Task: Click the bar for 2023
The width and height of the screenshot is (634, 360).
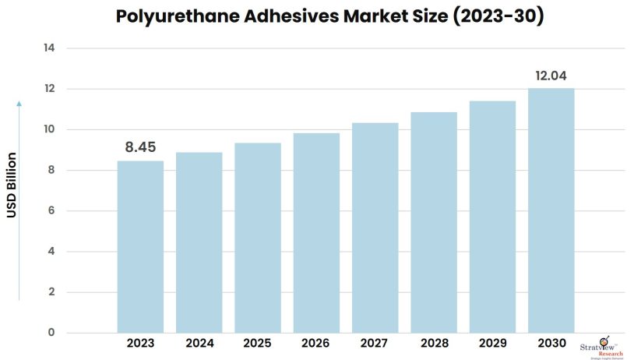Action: (x=140, y=246)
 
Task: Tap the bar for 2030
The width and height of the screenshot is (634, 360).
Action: (x=551, y=210)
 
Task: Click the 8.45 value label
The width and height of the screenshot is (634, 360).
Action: (x=140, y=147)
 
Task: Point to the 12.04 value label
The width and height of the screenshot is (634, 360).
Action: (x=551, y=76)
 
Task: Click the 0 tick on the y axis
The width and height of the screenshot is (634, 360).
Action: (x=51, y=333)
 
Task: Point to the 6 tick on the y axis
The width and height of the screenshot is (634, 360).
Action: (x=51, y=211)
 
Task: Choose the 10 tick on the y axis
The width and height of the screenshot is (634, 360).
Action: (x=48, y=129)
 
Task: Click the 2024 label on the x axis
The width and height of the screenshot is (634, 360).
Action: (x=199, y=344)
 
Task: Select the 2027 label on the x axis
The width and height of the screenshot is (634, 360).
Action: (x=375, y=344)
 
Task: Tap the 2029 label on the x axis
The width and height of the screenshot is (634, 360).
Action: (x=492, y=344)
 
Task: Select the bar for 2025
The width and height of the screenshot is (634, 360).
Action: (x=258, y=238)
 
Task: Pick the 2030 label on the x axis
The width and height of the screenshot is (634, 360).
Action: (x=551, y=344)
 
